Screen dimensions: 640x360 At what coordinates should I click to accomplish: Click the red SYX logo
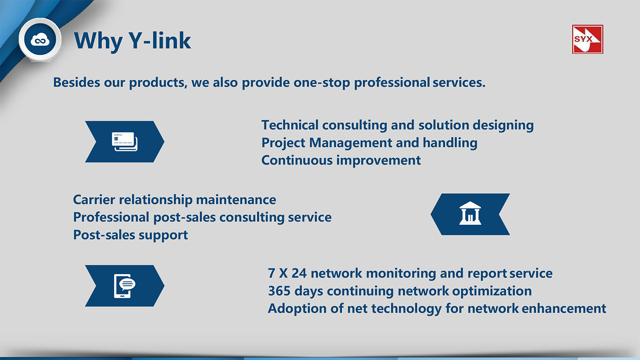point(588,39)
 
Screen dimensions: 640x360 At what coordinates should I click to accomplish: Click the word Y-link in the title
point(160,41)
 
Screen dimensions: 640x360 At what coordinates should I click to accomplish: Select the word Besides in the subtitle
point(76,82)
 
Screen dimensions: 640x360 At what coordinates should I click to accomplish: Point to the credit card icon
point(125,142)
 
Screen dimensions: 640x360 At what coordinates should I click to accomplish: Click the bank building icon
point(470,213)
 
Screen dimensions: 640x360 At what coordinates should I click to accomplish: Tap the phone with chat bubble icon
point(125,286)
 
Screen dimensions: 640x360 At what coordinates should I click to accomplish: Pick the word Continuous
point(297,160)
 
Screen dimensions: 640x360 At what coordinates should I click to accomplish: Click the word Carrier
point(94,200)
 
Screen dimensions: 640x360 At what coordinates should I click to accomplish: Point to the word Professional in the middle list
point(111,217)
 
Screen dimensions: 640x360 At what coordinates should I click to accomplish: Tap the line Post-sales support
point(131,235)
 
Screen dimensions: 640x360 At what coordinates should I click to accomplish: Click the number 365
point(279,291)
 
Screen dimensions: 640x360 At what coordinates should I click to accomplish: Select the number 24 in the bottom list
point(299,273)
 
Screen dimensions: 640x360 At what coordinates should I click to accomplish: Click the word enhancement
point(564,308)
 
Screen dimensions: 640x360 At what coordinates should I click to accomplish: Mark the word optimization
point(492,291)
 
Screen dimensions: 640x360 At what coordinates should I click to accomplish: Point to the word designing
point(503,125)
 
